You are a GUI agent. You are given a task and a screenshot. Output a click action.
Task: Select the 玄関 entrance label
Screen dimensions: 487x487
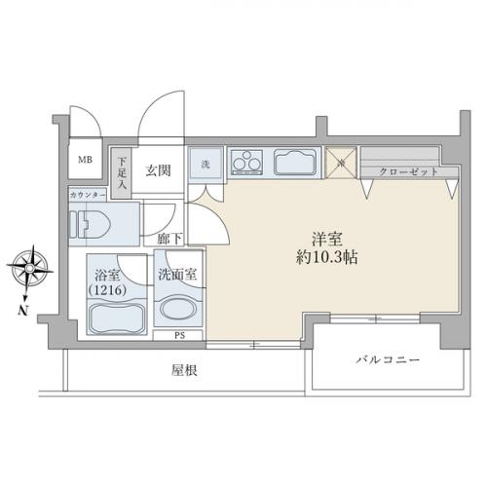159,171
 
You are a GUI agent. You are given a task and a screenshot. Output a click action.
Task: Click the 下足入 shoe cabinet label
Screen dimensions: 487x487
123,170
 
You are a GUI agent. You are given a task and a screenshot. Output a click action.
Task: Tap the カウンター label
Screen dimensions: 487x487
88,195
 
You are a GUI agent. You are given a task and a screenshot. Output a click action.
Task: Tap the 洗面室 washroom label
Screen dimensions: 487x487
178,275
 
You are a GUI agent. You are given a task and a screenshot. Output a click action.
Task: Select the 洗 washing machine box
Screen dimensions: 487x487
206,165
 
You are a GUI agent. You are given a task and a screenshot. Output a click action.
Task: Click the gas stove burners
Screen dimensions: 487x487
248,162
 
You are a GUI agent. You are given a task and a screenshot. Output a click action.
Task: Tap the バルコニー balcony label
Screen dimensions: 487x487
388,361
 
